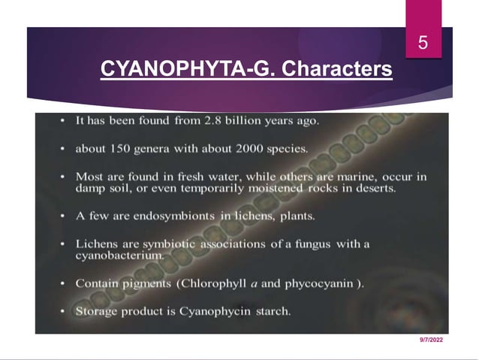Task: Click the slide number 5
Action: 423,44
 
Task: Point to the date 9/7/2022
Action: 431,340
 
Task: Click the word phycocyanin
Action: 319,283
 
